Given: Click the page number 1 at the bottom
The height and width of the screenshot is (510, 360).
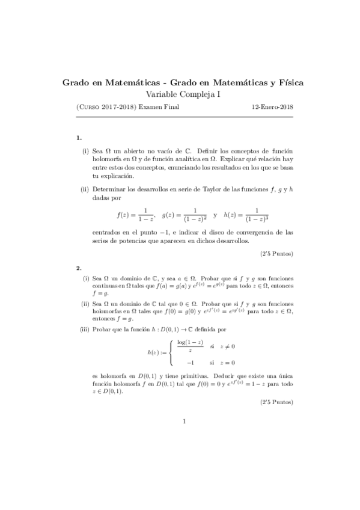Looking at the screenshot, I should click(x=185, y=421).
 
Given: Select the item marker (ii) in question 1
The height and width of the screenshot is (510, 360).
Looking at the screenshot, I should click(x=85, y=189).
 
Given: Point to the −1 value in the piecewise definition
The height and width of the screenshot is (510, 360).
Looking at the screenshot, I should click(x=191, y=362).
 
